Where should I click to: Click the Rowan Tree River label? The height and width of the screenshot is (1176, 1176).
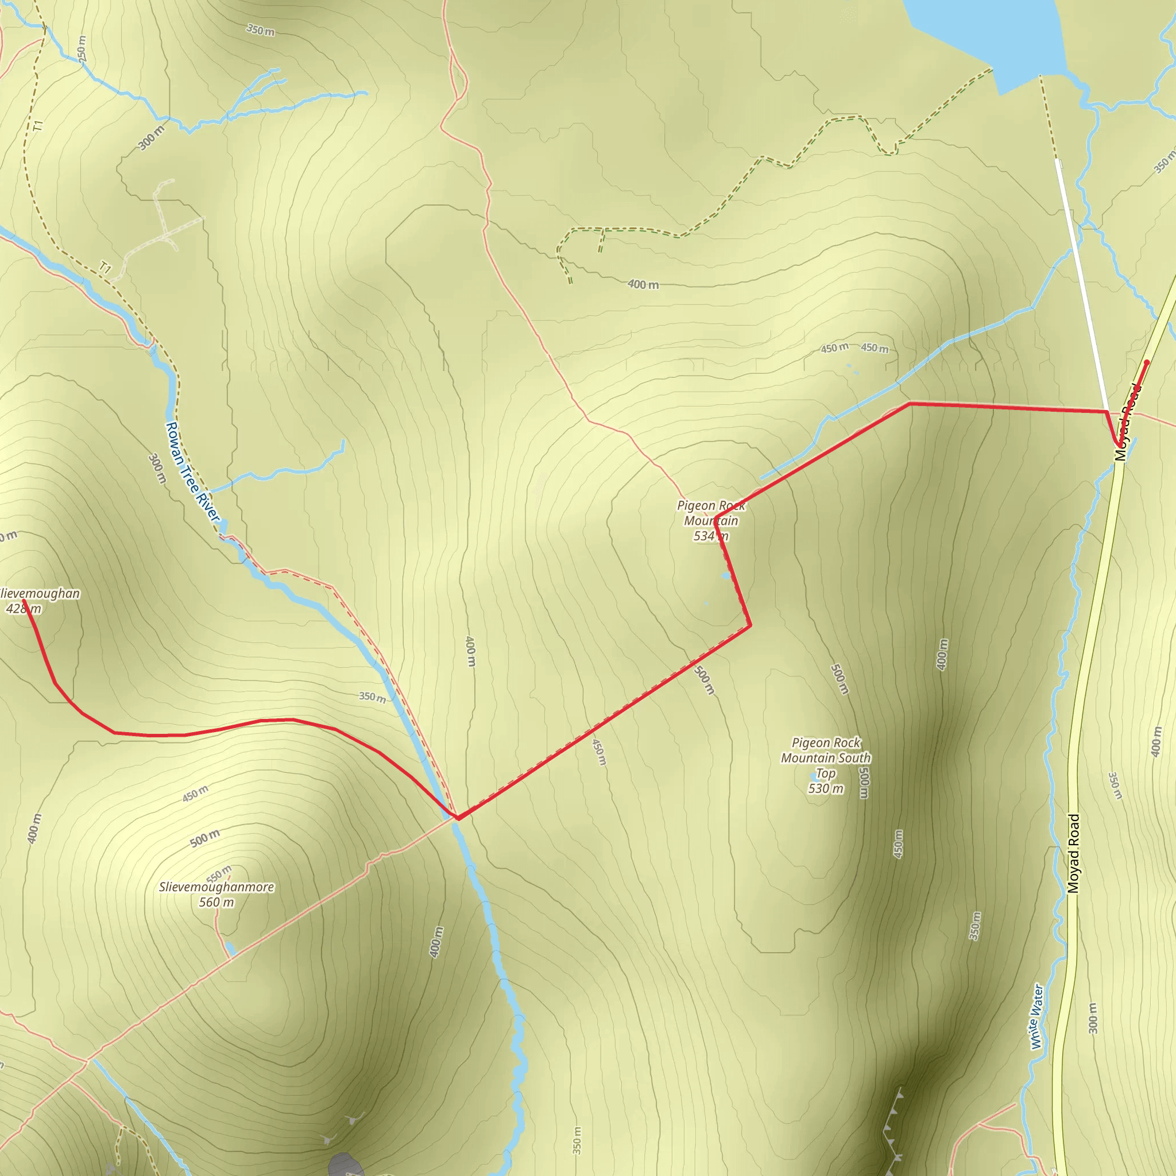pos(192,472)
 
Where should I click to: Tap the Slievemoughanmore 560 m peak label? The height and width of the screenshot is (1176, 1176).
pos(216,894)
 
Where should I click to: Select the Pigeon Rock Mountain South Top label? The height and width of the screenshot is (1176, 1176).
pos(825,765)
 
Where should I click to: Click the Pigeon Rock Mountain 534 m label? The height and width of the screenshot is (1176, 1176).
pos(710,520)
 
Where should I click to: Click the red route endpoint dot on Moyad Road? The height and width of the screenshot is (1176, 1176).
pos(1147,362)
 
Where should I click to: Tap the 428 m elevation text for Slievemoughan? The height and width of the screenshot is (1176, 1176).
pos(24,609)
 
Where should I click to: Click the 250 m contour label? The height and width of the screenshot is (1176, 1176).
pos(82,48)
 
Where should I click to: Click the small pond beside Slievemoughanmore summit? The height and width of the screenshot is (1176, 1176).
pos(231,949)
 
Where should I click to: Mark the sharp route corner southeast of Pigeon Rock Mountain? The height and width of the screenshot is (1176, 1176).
pos(750,625)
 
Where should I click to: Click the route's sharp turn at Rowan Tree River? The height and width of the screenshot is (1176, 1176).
pos(457,818)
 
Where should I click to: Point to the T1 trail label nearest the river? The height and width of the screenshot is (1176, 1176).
pos(105,267)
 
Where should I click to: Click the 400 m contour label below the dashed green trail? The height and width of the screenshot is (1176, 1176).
pos(643,284)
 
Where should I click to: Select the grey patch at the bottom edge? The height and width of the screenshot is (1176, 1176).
pos(346,1164)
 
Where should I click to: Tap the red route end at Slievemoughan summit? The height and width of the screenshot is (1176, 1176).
pos(24,601)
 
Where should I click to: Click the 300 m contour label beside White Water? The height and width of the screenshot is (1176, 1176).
pos(1093,1018)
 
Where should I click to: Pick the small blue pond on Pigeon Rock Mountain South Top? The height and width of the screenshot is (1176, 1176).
pos(814,777)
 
